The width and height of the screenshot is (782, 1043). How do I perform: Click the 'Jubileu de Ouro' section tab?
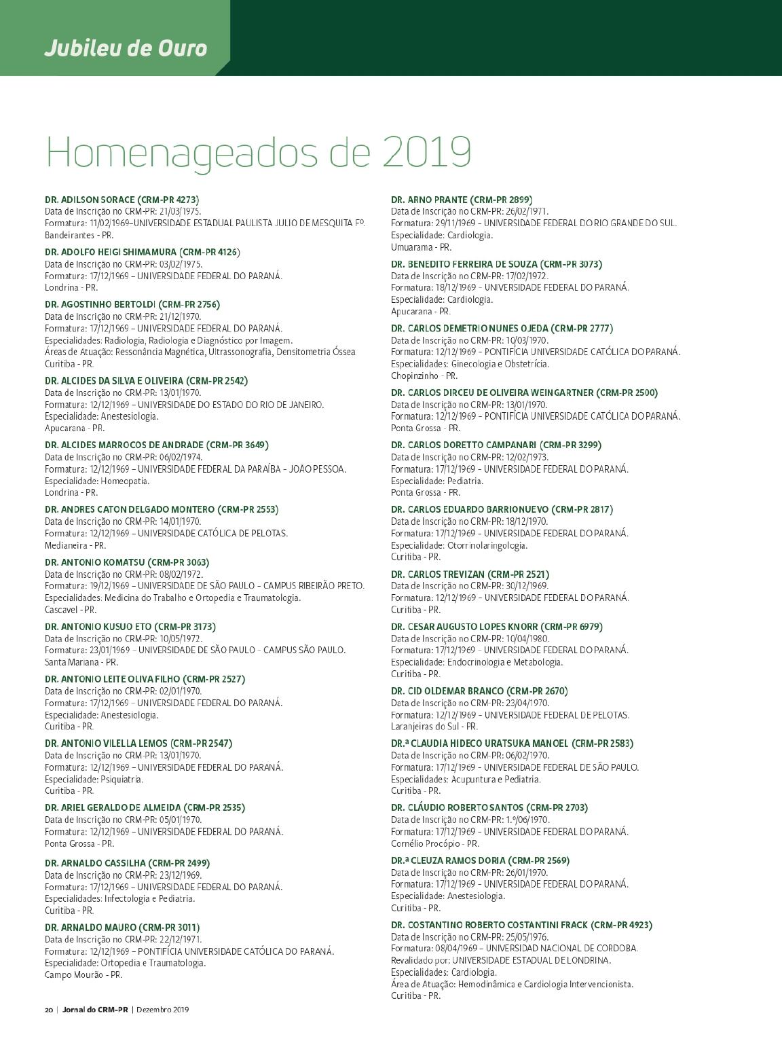[x=126, y=49]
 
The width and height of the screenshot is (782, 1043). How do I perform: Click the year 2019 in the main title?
[x=426, y=152]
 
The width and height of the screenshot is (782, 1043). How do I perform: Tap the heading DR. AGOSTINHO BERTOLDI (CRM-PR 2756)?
[x=132, y=305]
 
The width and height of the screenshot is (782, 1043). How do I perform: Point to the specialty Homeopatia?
[x=96, y=481]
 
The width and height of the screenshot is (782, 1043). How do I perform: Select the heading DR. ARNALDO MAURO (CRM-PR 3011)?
[x=122, y=928]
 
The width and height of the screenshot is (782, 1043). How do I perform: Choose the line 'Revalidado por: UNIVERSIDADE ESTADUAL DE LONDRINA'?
[x=501, y=960]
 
